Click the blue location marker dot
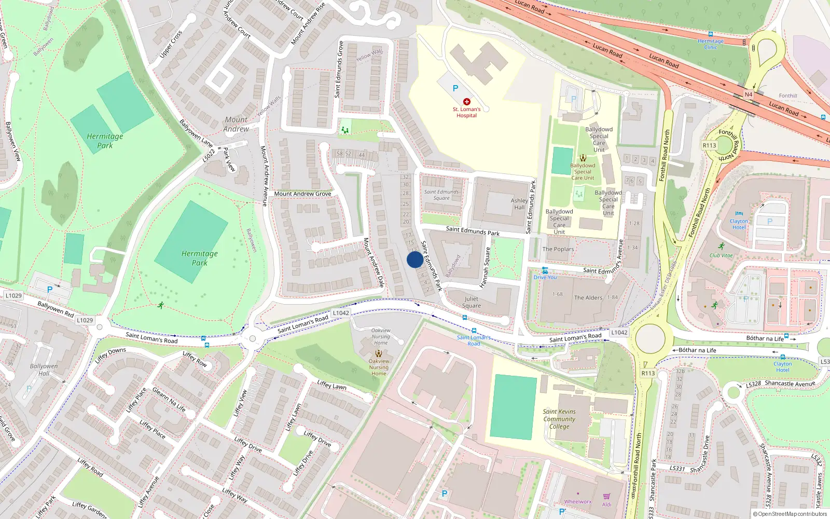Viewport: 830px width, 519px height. click(414, 259)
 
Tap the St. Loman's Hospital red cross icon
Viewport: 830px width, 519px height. click(466, 102)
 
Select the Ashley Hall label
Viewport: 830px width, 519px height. click(519, 204)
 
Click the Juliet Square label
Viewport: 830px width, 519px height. click(472, 302)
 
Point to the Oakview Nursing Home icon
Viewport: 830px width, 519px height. click(379, 353)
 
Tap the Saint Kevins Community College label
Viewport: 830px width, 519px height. click(559, 419)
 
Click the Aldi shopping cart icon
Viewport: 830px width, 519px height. click(606, 497)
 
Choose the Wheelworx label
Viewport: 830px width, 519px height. click(578, 502)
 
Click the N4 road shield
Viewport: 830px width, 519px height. click(748, 94)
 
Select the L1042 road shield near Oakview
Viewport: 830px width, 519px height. click(341, 313)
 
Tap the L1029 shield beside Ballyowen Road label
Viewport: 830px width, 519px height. click(13, 296)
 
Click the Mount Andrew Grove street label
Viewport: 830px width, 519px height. click(302, 194)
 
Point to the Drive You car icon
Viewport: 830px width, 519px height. click(545, 270)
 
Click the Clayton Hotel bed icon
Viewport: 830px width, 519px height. click(739, 213)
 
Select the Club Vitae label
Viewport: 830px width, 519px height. click(721, 255)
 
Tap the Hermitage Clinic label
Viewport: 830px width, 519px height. click(711, 44)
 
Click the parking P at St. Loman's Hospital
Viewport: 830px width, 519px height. click(455, 88)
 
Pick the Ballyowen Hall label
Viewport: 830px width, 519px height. click(44, 370)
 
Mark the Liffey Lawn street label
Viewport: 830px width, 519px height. click(332, 385)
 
